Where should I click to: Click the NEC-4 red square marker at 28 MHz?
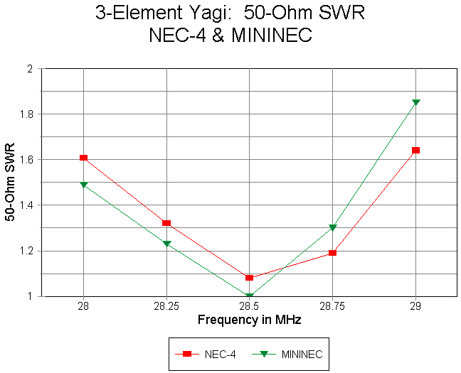[x=83, y=158]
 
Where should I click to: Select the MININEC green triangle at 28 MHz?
[x=83, y=185]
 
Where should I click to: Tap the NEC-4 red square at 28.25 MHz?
[x=166, y=223]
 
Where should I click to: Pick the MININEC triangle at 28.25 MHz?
[x=166, y=244]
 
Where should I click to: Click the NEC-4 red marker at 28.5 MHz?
[x=249, y=278]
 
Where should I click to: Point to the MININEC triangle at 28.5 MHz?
[x=249, y=296]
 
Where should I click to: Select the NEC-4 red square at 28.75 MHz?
[x=332, y=252]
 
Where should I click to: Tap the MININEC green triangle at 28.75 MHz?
[x=332, y=228]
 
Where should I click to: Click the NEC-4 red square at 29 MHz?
[x=415, y=150]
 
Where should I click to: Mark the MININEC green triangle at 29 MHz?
[x=415, y=102]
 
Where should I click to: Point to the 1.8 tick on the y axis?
[x=27, y=114]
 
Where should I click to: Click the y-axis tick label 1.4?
[x=27, y=205]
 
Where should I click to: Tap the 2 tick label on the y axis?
[x=30, y=69]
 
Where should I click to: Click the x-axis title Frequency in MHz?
[x=249, y=320]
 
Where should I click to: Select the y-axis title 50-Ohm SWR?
[x=11, y=183]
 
